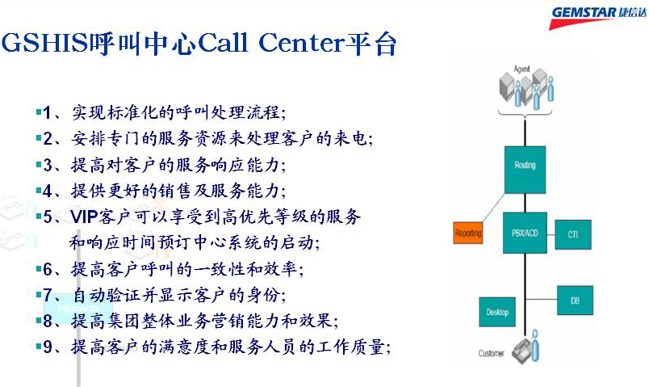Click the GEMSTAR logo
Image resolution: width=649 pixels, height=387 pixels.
(x=598, y=18)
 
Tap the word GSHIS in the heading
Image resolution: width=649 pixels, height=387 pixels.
(x=44, y=42)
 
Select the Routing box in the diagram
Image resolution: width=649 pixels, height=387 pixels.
(x=525, y=170)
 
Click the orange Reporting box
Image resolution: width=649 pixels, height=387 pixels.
(x=467, y=233)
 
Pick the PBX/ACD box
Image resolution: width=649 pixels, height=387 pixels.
(x=525, y=233)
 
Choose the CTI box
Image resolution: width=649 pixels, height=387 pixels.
(x=573, y=234)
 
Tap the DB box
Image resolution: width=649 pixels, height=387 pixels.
(x=575, y=300)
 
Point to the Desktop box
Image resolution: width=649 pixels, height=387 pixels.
(x=497, y=312)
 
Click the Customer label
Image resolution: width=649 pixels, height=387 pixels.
(x=492, y=353)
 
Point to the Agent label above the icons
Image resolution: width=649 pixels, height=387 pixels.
(x=521, y=69)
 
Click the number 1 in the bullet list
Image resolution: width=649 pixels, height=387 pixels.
(x=48, y=112)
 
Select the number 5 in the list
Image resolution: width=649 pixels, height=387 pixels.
(x=48, y=217)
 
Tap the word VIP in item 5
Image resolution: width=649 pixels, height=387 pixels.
(x=84, y=217)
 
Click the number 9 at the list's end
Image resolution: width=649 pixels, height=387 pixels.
(x=48, y=347)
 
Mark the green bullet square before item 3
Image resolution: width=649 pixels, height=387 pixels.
(x=39, y=164)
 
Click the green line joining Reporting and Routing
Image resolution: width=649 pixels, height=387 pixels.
(x=493, y=208)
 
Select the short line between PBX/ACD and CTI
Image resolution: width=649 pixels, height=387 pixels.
(x=551, y=234)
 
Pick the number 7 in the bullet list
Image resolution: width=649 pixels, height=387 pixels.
(x=48, y=295)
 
